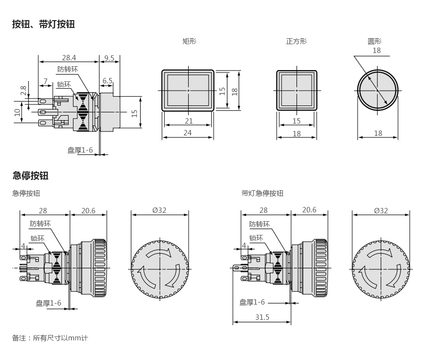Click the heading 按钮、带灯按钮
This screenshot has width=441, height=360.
43,24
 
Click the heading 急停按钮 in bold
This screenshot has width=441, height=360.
30,176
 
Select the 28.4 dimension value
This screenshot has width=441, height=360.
69,58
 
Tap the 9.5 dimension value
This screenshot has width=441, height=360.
109,58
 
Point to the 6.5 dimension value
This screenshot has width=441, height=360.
107,81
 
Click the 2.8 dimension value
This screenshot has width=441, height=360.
23,91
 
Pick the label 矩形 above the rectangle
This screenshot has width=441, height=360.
189,42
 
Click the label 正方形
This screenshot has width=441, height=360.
296,42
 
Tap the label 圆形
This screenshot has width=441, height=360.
375,42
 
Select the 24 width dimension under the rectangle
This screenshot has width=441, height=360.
188,132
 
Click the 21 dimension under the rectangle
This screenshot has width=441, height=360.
189,121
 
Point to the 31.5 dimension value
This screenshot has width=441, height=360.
262,317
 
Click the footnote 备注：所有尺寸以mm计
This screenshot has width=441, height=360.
50,338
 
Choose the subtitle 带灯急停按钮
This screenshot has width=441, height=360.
262,193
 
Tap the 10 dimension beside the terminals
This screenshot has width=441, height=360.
17,112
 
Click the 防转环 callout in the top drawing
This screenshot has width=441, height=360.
68,69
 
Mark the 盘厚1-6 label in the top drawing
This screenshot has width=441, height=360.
80,150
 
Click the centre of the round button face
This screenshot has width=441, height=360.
378,91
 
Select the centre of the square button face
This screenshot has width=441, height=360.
296,91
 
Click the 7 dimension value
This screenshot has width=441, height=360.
46,81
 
